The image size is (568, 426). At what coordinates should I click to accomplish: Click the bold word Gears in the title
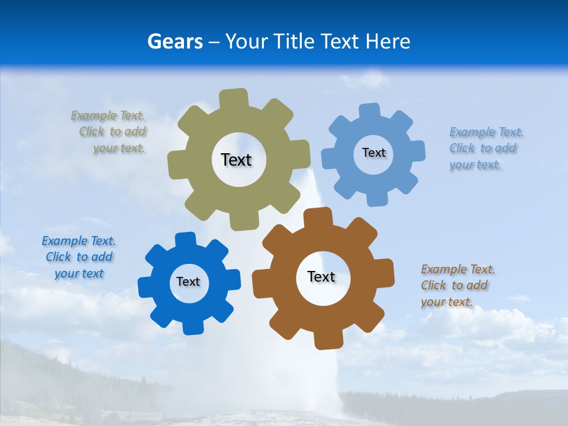tap(175, 41)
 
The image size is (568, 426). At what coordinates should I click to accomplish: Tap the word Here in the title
tap(388, 41)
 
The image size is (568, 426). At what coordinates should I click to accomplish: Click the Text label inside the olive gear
tap(236, 160)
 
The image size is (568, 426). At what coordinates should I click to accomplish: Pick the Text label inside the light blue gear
tap(373, 153)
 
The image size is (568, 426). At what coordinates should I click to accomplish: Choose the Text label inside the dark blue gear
tap(188, 282)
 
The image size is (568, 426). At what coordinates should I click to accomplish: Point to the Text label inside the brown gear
tap(321, 276)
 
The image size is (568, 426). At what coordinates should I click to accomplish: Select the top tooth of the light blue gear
tap(370, 111)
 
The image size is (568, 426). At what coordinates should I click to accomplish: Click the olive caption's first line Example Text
tap(108, 115)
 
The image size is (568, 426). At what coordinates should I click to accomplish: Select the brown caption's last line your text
tap(447, 302)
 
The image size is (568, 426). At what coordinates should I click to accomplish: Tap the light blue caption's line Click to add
tap(483, 148)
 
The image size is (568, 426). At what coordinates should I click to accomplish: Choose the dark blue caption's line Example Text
tap(79, 241)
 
